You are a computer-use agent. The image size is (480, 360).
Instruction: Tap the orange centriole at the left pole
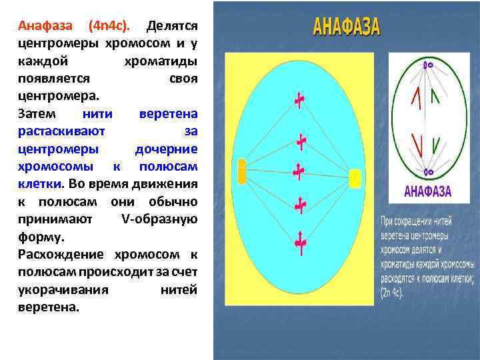[241, 171]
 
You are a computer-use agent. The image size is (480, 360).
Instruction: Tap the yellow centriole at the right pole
[355, 178]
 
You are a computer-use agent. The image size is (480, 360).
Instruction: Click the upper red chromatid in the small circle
[416, 98]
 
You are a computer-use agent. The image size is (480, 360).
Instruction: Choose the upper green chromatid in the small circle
[435, 97]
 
